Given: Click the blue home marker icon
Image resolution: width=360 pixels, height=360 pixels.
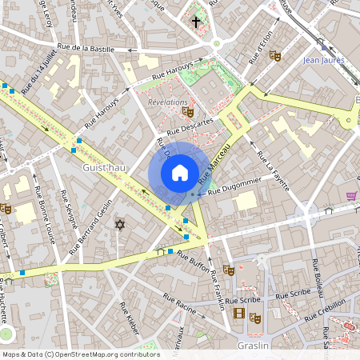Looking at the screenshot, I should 180,172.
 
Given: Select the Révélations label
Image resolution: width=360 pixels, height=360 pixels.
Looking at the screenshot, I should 167,102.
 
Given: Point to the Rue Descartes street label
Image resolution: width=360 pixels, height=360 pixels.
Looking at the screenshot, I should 190,126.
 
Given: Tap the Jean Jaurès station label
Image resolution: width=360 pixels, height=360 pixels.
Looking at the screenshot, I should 323,59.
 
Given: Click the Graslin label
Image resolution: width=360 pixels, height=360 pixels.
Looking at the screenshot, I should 253,346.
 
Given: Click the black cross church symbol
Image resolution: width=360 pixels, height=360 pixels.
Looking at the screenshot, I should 196,22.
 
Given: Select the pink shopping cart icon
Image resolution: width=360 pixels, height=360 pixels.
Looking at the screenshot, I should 351,195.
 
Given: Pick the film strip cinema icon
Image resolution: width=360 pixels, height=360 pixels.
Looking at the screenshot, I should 238,312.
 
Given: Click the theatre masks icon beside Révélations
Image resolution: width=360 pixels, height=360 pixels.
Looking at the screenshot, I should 188,111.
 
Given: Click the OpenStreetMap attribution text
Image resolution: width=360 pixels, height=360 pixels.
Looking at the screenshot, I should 81,354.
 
